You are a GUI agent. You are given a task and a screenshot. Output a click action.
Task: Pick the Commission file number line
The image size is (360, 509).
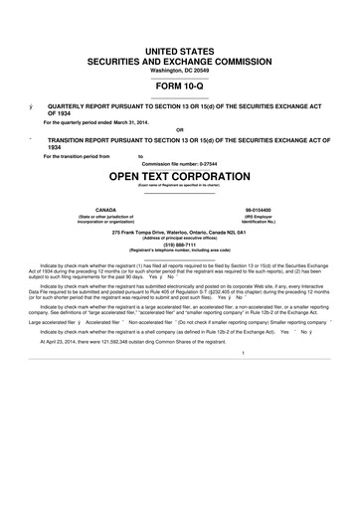179,164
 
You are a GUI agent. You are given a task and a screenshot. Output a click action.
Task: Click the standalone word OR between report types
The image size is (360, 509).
179,129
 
